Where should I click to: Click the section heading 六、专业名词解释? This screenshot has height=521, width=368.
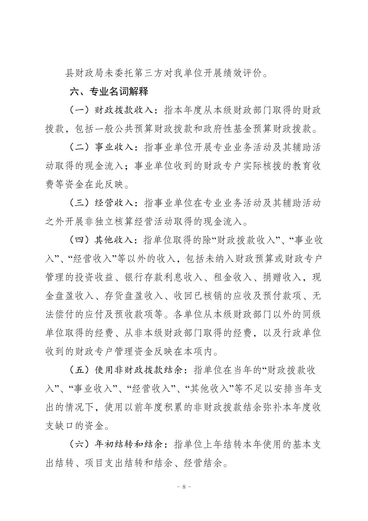tap(109, 92)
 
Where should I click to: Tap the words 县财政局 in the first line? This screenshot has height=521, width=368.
tap(84, 73)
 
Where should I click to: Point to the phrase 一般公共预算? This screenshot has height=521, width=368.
tap(113, 129)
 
